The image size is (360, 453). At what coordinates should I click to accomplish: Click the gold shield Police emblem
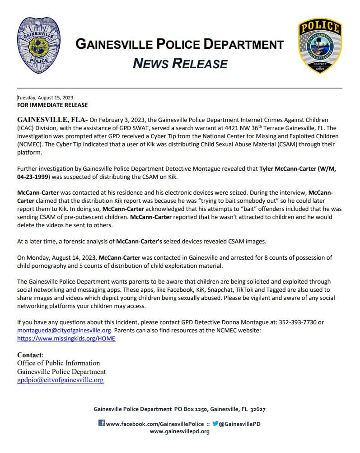[320, 46]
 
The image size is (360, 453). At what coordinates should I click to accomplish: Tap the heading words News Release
[180, 63]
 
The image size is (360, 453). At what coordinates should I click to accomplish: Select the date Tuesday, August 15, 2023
[45, 98]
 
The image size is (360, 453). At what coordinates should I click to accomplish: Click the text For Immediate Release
[52, 105]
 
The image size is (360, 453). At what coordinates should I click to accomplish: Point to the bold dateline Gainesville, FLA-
[52, 120]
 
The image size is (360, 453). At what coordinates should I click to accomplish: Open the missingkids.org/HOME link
[66, 338]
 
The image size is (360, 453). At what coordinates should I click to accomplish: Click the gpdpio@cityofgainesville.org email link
[60, 380]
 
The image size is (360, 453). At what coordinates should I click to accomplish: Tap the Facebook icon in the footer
[102, 423]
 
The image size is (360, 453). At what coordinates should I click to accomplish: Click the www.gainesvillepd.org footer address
[179, 431]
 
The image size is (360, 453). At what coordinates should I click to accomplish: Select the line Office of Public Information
[59, 363]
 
